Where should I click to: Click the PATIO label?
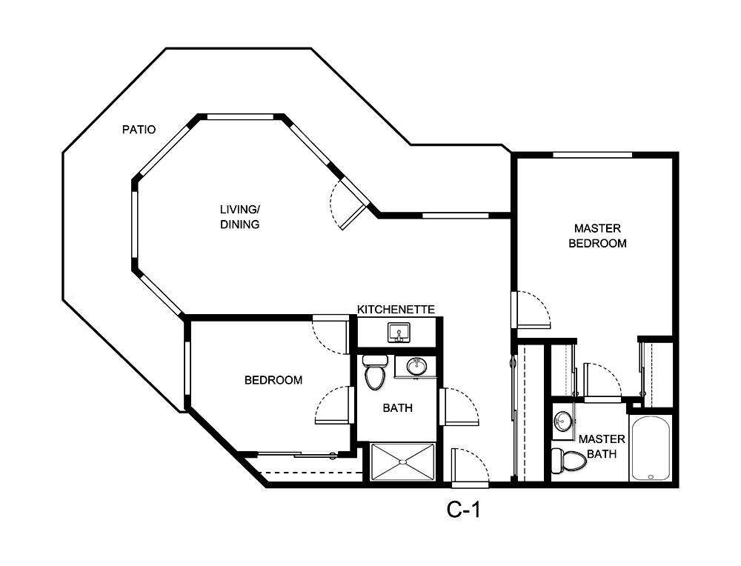[x=139, y=130]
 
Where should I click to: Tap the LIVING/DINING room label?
[x=239, y=217]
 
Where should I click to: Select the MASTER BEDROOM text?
[x=597, y=236]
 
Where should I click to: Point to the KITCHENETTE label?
[x=396, y=309]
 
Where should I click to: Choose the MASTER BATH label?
[x=602, y=446]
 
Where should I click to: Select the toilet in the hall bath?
[x=376, y=373]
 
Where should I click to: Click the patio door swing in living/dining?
[x=347, y=205]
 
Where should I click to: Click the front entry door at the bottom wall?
[x=470, y=468]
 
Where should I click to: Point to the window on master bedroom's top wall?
[x=592, y=155]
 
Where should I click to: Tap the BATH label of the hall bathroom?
[x=398, y=407]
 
